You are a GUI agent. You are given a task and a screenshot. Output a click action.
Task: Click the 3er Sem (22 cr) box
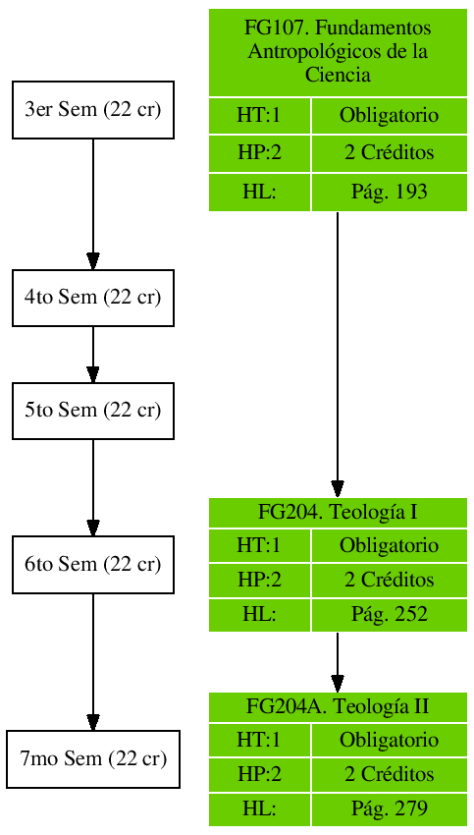click(x=92, y=109)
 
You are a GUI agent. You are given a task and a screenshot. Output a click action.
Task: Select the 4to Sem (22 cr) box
click(x=92, y=298)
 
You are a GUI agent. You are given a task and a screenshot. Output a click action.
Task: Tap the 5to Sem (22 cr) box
click(x=92, y=410)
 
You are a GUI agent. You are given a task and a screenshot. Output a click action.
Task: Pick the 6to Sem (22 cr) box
click(x=92, y=565)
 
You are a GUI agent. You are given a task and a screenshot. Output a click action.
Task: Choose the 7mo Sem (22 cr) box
click(x=93, y=759)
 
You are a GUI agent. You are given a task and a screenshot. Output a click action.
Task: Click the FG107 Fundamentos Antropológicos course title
click(x=338, y=52)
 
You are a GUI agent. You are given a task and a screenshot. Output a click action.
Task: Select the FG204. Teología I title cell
click(x=338, y=512)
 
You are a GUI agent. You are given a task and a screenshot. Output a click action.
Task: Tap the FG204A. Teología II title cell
click(x=338, y=706)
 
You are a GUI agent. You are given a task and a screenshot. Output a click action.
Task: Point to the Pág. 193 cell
click(x=389, y=193)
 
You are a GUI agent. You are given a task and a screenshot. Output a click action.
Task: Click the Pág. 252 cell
click(x=389, y=615)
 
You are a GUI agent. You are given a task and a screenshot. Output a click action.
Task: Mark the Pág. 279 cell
click(x=389, y=809)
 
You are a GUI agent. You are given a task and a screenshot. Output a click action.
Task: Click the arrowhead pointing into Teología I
click(x=338, y=488)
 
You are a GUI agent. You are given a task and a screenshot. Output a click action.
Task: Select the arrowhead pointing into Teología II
click(x=338, y=683)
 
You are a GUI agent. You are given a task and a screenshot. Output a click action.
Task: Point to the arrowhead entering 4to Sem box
click(x=93, y=260)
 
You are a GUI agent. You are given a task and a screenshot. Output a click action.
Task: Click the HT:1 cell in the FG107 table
click(x=259, y=116)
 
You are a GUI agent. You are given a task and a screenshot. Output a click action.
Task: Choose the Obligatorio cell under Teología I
click(x=389, y=545)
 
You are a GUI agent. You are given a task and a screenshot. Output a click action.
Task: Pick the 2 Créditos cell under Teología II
click(x=389, y=775)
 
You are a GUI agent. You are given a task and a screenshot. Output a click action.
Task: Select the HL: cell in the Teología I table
click(x=259, y=615)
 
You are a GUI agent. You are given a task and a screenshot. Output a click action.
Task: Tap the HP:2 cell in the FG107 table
click(x=259, y=153)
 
